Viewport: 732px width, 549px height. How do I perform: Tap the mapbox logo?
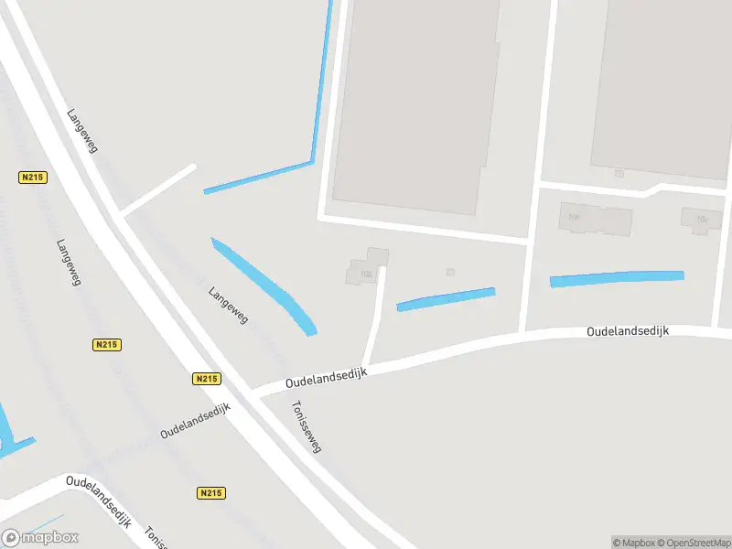(x=40, y=537)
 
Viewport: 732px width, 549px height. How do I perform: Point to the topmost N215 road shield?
(x=33, y=177)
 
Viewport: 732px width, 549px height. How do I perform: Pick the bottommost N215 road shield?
(x=210, y=493)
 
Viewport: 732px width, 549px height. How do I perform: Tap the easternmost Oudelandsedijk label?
(x=628, y=330)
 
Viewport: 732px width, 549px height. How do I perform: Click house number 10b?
(x=367, y=274)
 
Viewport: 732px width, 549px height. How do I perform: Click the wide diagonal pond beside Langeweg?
(x=265, y=285)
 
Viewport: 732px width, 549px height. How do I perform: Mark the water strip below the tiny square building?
(x=446, y=299)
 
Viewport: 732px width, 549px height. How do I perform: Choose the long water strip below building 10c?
(x=617, y=278)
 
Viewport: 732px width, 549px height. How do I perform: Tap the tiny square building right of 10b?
(x=450, y=272)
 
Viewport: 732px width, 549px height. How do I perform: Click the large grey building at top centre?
(x=416, y=101)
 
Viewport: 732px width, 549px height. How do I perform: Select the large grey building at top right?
(x=663, y=82)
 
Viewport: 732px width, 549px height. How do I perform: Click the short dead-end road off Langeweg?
(x=157, y=190)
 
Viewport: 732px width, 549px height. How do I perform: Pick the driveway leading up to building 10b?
(x=375, y=316)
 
